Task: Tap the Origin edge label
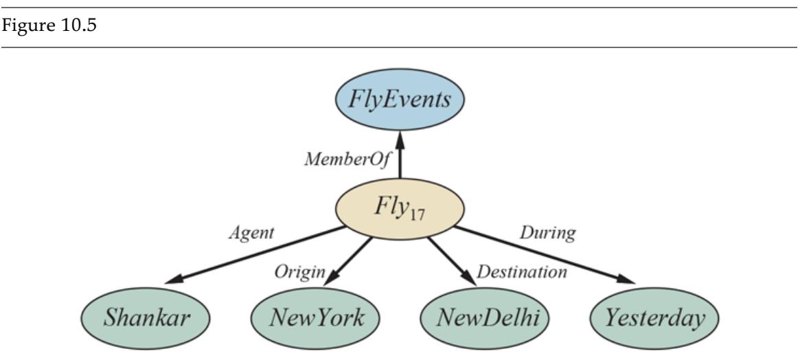[299, 271]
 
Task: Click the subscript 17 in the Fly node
[428, 214]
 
